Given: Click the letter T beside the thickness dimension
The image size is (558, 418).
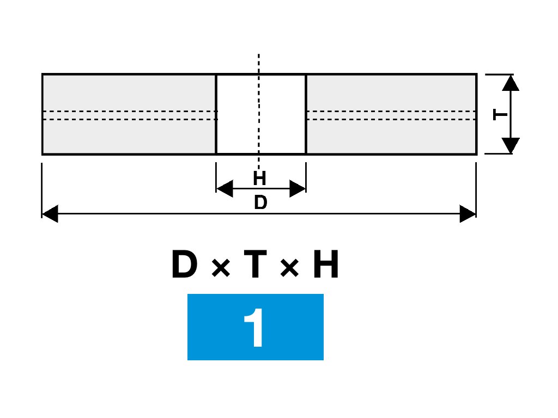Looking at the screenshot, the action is [500, 115].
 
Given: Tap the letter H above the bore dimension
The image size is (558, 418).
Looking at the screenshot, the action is [259, 179].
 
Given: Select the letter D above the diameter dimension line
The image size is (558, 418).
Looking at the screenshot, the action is [260, 203].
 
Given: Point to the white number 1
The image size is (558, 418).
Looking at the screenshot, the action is [254, 328].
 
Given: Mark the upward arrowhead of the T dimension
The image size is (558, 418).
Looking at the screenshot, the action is [511, 83].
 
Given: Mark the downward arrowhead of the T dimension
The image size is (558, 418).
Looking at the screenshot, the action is [511, 145].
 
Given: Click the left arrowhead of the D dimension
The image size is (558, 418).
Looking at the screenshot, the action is [50, 214].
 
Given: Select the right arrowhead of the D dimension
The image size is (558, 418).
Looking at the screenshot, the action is [468, 214].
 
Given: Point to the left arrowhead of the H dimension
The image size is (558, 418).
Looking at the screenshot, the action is [225, 189].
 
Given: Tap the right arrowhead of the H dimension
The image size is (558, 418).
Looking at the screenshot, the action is [298, 189].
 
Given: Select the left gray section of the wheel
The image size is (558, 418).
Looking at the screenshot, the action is [129, 93].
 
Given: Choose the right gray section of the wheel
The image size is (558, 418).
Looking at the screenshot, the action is [391, 93].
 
